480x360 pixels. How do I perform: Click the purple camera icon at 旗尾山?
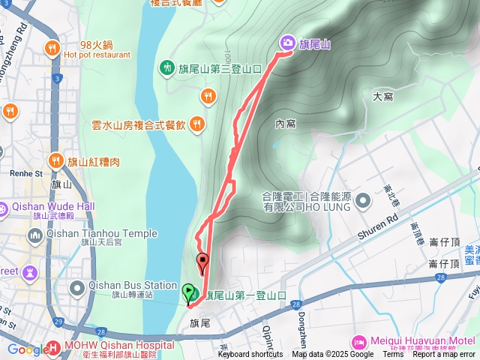coord(286,43)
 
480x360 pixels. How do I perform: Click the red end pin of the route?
coord(202,263)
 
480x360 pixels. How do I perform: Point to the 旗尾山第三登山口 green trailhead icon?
coord(166,67)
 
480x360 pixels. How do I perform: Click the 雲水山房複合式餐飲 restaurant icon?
coord(196,124)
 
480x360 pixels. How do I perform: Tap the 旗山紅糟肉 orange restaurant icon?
coord(56,161)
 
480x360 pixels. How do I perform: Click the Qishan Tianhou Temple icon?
coord(34,237)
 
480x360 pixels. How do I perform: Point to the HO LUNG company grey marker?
coord(364,200)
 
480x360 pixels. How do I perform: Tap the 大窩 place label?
coord(382,97)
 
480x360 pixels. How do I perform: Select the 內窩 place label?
coord(285,123)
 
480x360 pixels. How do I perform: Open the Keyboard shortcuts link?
coord(250,355)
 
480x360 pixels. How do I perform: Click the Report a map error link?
coord(444,355)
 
